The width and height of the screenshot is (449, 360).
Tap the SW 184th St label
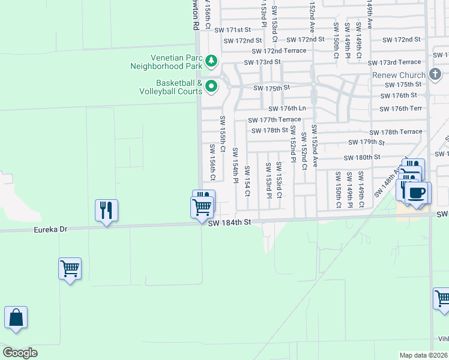[x=229, y=223]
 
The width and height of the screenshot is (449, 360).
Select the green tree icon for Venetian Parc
[x=211, y=61]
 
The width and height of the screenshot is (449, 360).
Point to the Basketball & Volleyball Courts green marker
[x=211, y=87]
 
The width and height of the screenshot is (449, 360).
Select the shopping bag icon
[x=16, y=317]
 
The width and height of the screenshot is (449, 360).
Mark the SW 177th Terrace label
[x=274, y=120]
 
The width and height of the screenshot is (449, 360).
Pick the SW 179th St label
[x=366, y=142]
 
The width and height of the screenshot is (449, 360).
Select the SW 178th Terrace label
[x=396, y=132]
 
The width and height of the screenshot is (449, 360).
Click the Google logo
[x=20, y=352]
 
